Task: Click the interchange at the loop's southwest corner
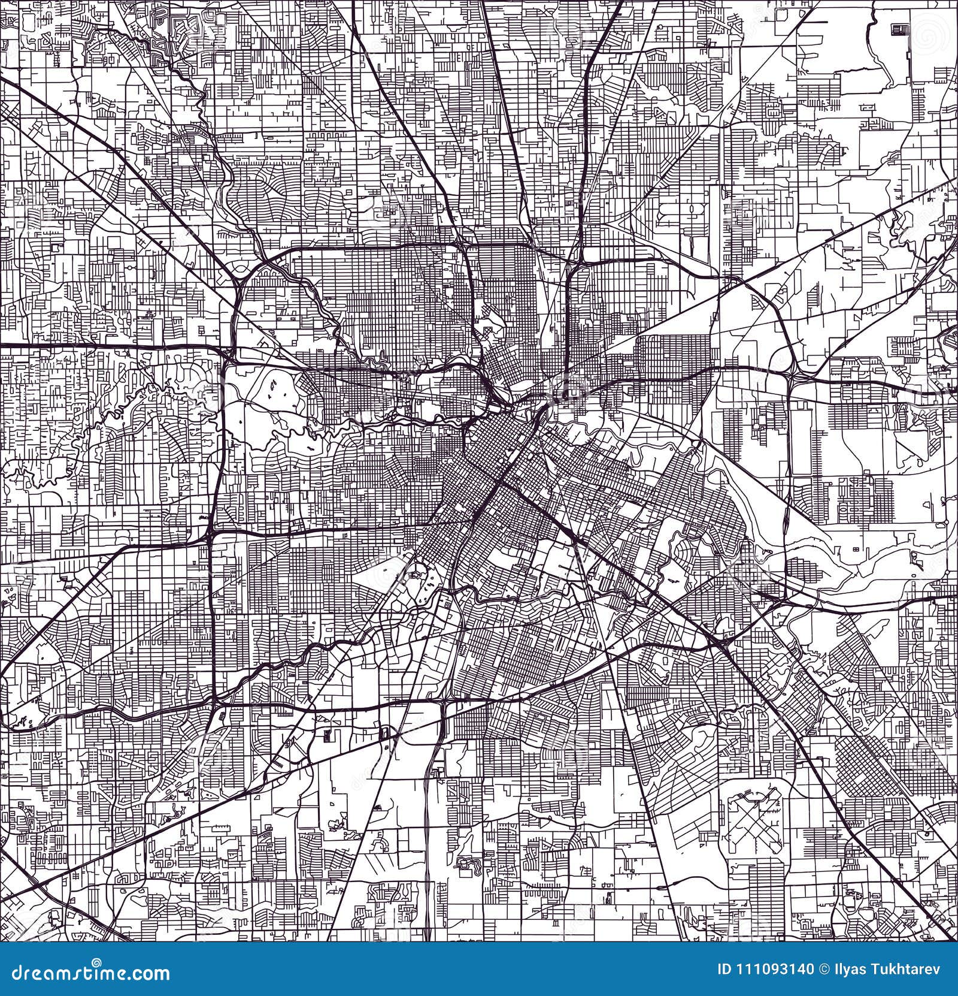[x=214, y=698]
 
